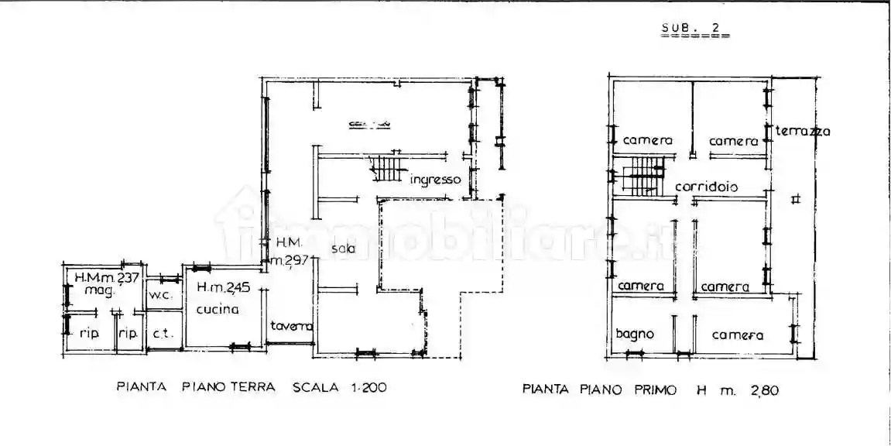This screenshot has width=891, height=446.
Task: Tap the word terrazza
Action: [803, 132]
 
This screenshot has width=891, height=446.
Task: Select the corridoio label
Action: [706, 187]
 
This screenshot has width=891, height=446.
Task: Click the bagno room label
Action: [635, 334]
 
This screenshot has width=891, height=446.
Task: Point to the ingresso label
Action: [436, 180]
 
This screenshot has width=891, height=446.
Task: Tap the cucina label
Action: [218, 310]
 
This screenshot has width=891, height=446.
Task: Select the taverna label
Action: [291, 326]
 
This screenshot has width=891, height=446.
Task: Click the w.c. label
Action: [161, 296]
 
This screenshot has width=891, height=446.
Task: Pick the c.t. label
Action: [163, 334]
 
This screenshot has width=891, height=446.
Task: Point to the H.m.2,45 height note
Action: [223, 289]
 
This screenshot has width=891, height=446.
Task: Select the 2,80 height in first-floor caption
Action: [763, 390]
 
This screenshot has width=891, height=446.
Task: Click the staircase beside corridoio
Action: [642, 176]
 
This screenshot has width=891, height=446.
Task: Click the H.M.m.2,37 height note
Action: [105, 277]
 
